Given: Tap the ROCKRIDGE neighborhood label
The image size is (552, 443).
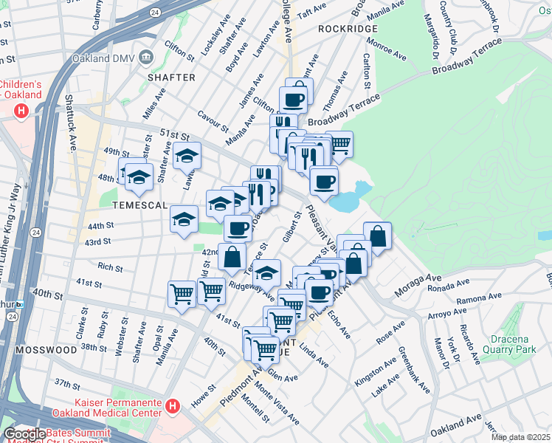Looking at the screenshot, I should tap(348, 29).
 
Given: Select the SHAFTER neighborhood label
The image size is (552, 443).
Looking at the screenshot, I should tap(171, 77).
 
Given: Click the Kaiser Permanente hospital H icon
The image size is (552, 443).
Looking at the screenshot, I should tap(172, 405).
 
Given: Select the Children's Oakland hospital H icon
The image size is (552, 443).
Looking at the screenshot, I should tap(21, 111).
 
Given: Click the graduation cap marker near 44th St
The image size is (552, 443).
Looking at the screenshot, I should tap(184, 218).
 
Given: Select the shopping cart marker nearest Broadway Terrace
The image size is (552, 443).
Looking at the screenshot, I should tap(339, 143).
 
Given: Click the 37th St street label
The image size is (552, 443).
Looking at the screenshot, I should tap(66, 385).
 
